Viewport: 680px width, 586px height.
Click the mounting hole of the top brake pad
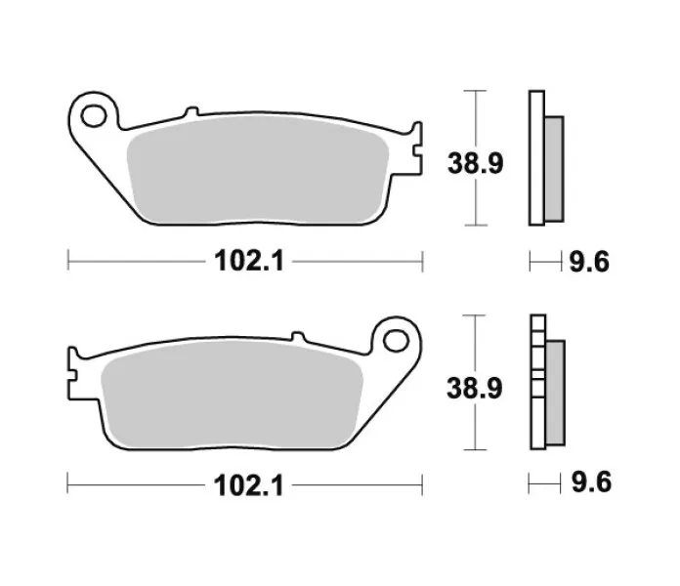[x=94, y=115]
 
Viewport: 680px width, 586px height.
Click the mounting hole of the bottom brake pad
[x=396, y=340]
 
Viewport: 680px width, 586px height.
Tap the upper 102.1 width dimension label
[x=249, y=262]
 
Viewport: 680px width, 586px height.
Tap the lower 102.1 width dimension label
[x=248, y=485]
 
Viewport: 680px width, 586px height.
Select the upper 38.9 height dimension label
[x=475, y=163]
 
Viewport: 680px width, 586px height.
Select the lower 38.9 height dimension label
[x=475, y=388]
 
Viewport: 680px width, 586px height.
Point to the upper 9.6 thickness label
[x=589, y=262]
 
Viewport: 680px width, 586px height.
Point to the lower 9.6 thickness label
[x=591, y=481]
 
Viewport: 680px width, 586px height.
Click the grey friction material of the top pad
[x=258, y=170]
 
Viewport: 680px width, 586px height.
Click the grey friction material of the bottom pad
[x=232, y=394]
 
